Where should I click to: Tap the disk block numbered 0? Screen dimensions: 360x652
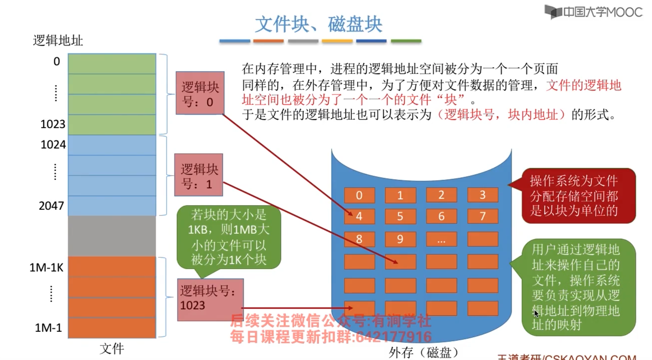(x=359, y=195)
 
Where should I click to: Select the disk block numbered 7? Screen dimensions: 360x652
(x=482, y=216)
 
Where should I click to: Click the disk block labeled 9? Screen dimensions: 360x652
(x=400, y=239)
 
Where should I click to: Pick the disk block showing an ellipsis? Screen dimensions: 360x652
(x=441, y=239)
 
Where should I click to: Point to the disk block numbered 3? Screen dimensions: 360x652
(x=482, y=195)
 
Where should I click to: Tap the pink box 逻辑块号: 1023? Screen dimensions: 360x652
(x=210, y=299)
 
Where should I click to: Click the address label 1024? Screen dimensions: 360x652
(x=53, y=145)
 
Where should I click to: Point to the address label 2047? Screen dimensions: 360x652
(x=51, y=206)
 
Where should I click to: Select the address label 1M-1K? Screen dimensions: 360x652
(x=46, y=268)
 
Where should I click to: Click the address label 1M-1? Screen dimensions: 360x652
(x=48, y=328)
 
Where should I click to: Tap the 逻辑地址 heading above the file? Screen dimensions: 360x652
(x=58, y=41)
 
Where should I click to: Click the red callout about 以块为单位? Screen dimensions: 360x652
(x=578, y=196)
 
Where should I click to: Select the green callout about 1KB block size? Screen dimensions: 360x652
(x=228, y=237)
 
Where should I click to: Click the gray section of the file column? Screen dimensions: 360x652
(x=112, y=236)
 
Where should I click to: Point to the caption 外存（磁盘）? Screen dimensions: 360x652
(x=424, y=352)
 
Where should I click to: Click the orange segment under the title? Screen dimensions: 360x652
(x=268, y=41)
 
